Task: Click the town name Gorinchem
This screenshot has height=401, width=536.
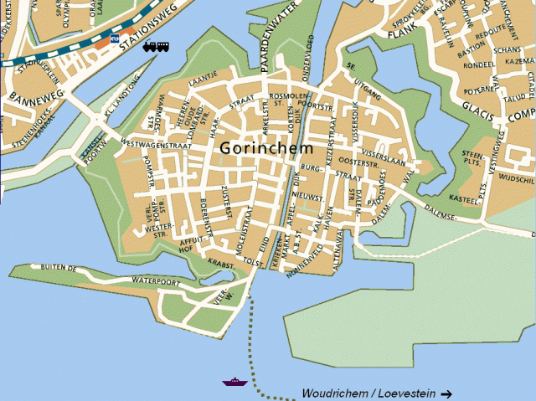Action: coord(266,148)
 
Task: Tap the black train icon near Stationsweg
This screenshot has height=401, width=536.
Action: coord(155,47)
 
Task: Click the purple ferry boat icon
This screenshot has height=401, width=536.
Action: coord(234,382)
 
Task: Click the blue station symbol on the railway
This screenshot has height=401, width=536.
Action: coord(112,38)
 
